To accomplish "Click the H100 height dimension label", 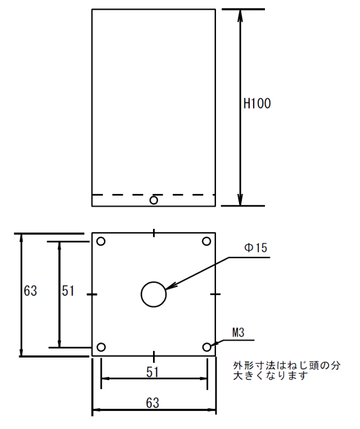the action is [257, 103].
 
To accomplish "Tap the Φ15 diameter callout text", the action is [255, 248].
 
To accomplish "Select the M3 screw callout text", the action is [238, 332].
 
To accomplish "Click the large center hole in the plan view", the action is [141, 295].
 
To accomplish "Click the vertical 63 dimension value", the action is [30, 291].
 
